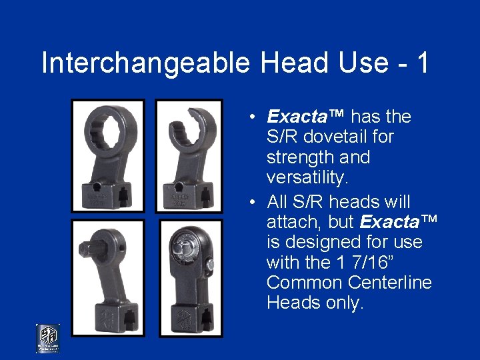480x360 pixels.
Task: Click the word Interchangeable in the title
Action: (145, 63)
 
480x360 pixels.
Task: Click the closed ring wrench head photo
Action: (108, 156)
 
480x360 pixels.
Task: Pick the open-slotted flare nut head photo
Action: (189, 156)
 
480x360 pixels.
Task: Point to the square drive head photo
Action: (108, 277)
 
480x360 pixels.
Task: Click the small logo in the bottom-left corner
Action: (47, 338)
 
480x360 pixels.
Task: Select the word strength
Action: (299, 158)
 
